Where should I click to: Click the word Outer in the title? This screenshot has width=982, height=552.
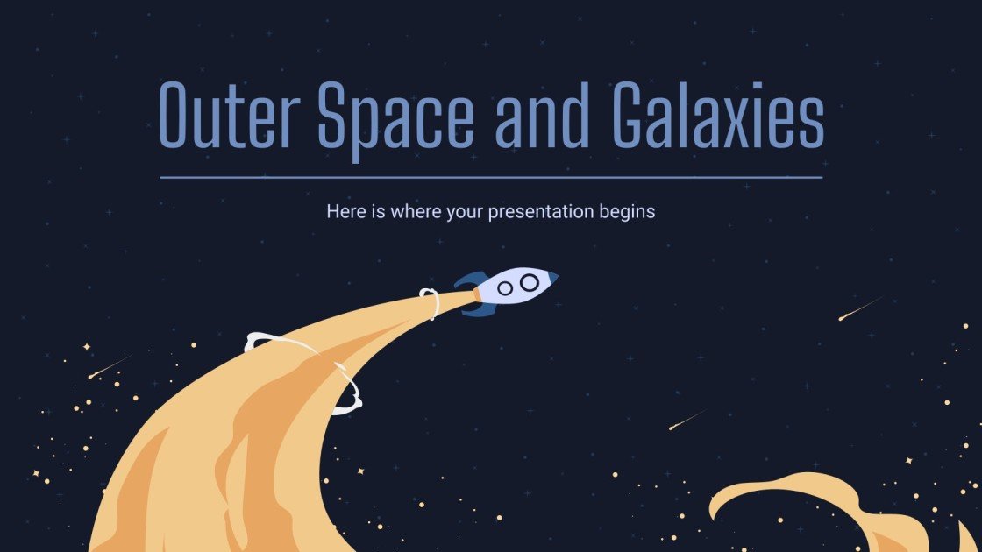pyautogui.click(x=230, y=116)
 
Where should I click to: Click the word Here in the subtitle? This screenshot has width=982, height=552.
pyautogui.click(x=344, y=211)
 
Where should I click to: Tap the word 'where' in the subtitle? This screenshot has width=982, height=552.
pyautogui.click(x=415, y=211)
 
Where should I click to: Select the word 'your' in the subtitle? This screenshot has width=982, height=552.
pyautogui.click(x=466, y=211)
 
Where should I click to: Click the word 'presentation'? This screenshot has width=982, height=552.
pyautogui.click(x=544, y=212)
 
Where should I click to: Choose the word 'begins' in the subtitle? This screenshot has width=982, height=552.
pyautogui.click(x=629, y=212)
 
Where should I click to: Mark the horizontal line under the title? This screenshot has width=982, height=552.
pyautogui.click(x=491, y=177)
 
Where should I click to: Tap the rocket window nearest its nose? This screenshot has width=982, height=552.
pyautogui.click(x=530, y=282)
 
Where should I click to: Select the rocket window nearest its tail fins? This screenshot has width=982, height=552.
pyautogui.click(x=506, y=287)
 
